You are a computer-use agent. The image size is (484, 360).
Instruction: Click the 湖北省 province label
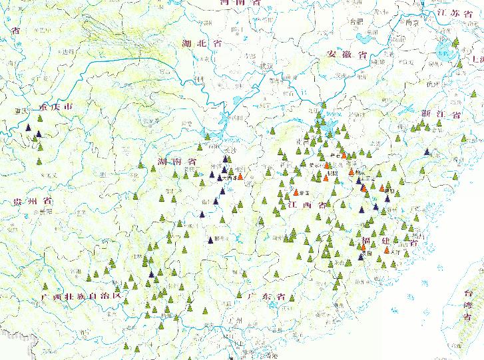[x=201, y=43]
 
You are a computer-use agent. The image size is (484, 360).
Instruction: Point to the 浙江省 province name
[x=441, y=114]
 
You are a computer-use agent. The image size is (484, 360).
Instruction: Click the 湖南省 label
[x=176, y=162]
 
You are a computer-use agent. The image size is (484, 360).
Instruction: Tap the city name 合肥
[x=358, y=21]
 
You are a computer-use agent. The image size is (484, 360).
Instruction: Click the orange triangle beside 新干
[x=296, y=193]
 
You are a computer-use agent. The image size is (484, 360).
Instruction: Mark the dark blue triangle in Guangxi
[x=154, y=274]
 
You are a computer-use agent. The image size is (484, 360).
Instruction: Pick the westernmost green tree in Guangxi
[x=81, y=273]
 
